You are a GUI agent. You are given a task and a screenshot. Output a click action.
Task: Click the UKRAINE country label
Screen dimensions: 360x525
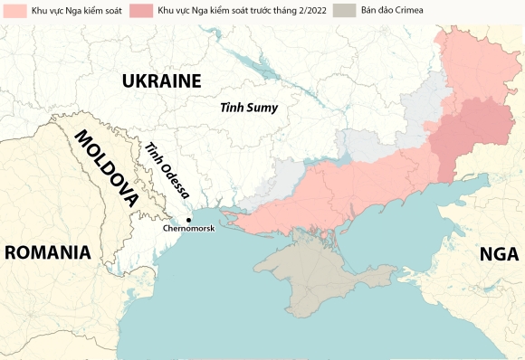[161, 81]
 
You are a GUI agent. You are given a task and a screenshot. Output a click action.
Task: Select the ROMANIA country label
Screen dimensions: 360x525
[48, 252]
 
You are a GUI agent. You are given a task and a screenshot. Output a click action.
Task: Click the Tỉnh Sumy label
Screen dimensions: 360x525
[249, 108]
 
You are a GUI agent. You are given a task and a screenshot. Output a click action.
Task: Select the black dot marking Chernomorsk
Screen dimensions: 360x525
[188, 220]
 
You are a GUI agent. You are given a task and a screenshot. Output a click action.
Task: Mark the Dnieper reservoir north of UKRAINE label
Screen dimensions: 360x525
[259, 64]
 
